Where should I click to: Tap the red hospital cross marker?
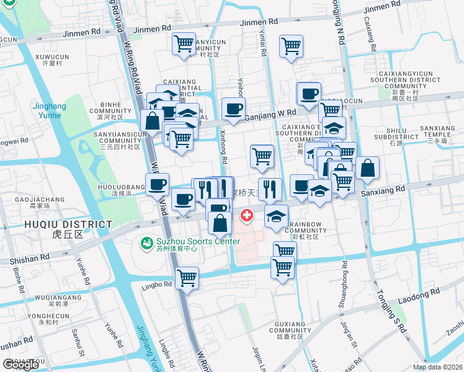[x=247, y=216]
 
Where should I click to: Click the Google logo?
[x=20, y=365]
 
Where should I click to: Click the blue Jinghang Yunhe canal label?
[x=49, y=110]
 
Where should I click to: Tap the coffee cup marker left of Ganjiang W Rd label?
[x=233, y=109]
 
